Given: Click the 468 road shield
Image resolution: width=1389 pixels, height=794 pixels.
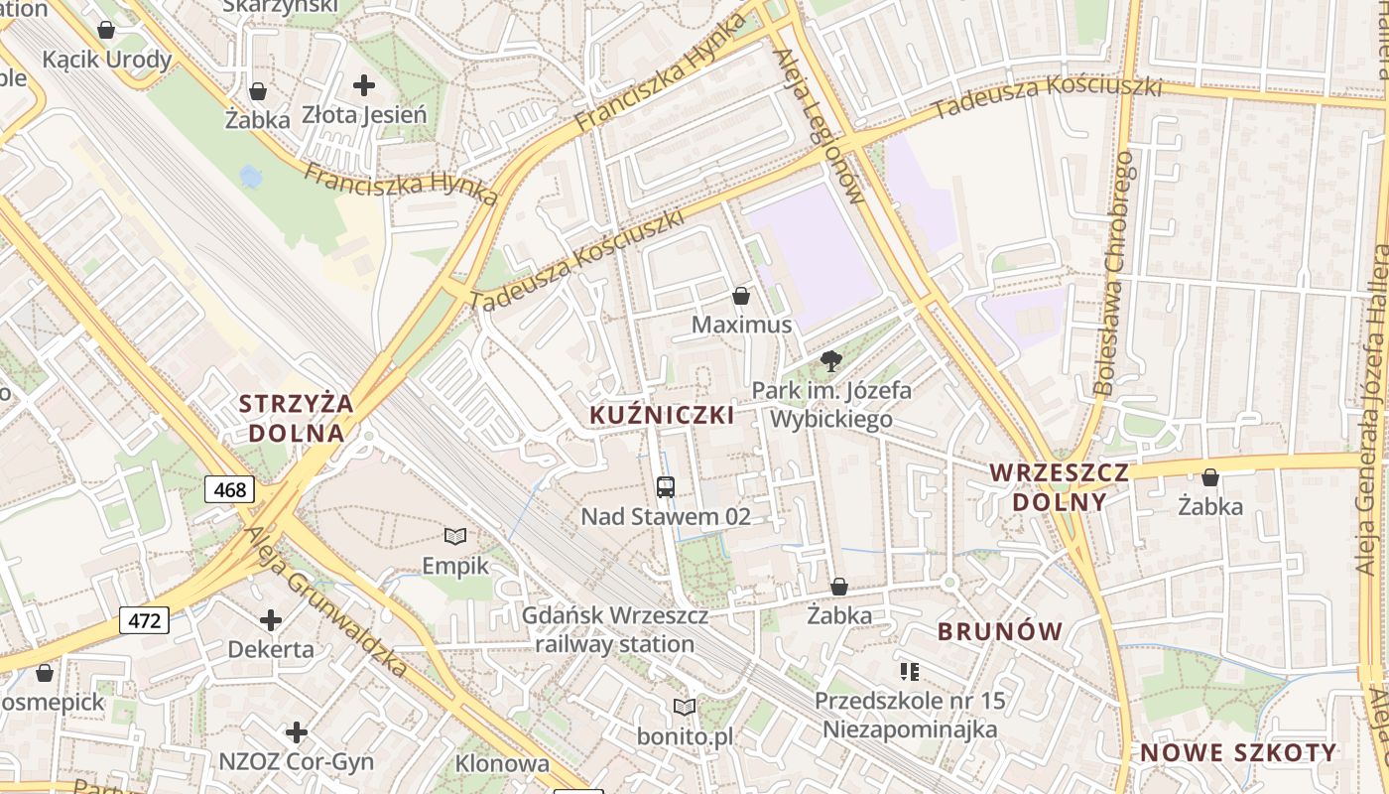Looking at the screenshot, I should coord(230,489).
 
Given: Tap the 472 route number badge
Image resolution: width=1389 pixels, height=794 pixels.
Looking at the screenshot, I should coord(144,621).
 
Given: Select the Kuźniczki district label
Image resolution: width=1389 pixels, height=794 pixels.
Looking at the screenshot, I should coord(663,415).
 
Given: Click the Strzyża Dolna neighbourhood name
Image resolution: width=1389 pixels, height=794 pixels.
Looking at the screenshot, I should coord(297,418).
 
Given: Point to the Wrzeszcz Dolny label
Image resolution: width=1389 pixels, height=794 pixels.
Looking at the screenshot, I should coord(1060,486).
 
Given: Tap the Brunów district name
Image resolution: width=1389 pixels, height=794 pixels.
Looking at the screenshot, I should coord(1000,631).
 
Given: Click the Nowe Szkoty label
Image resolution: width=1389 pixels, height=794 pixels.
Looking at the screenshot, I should coord(1238,752).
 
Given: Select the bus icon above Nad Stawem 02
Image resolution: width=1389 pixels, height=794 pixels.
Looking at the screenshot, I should coord(666,486).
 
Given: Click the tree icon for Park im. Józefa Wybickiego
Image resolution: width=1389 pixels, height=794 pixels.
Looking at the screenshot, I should coord(831,361).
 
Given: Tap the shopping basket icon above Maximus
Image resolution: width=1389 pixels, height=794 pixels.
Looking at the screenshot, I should coord(740,296).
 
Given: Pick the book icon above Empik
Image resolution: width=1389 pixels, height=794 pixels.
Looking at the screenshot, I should coord(455,537).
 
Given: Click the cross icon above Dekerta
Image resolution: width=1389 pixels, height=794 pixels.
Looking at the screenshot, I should coord(271,621).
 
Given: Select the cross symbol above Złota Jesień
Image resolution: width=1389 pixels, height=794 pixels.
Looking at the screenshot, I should coord(364,85).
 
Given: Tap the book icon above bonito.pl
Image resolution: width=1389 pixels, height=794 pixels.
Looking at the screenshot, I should coord(685,707).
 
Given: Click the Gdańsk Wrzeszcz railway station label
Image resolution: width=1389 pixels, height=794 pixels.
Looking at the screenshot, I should coord(615,630).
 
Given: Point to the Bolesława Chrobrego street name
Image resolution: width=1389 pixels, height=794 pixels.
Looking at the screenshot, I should coord(1113,273).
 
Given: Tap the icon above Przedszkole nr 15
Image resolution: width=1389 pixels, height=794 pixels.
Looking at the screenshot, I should coord(910,672).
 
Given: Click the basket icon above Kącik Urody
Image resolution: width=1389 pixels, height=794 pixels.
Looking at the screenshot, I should coord(106,31).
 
